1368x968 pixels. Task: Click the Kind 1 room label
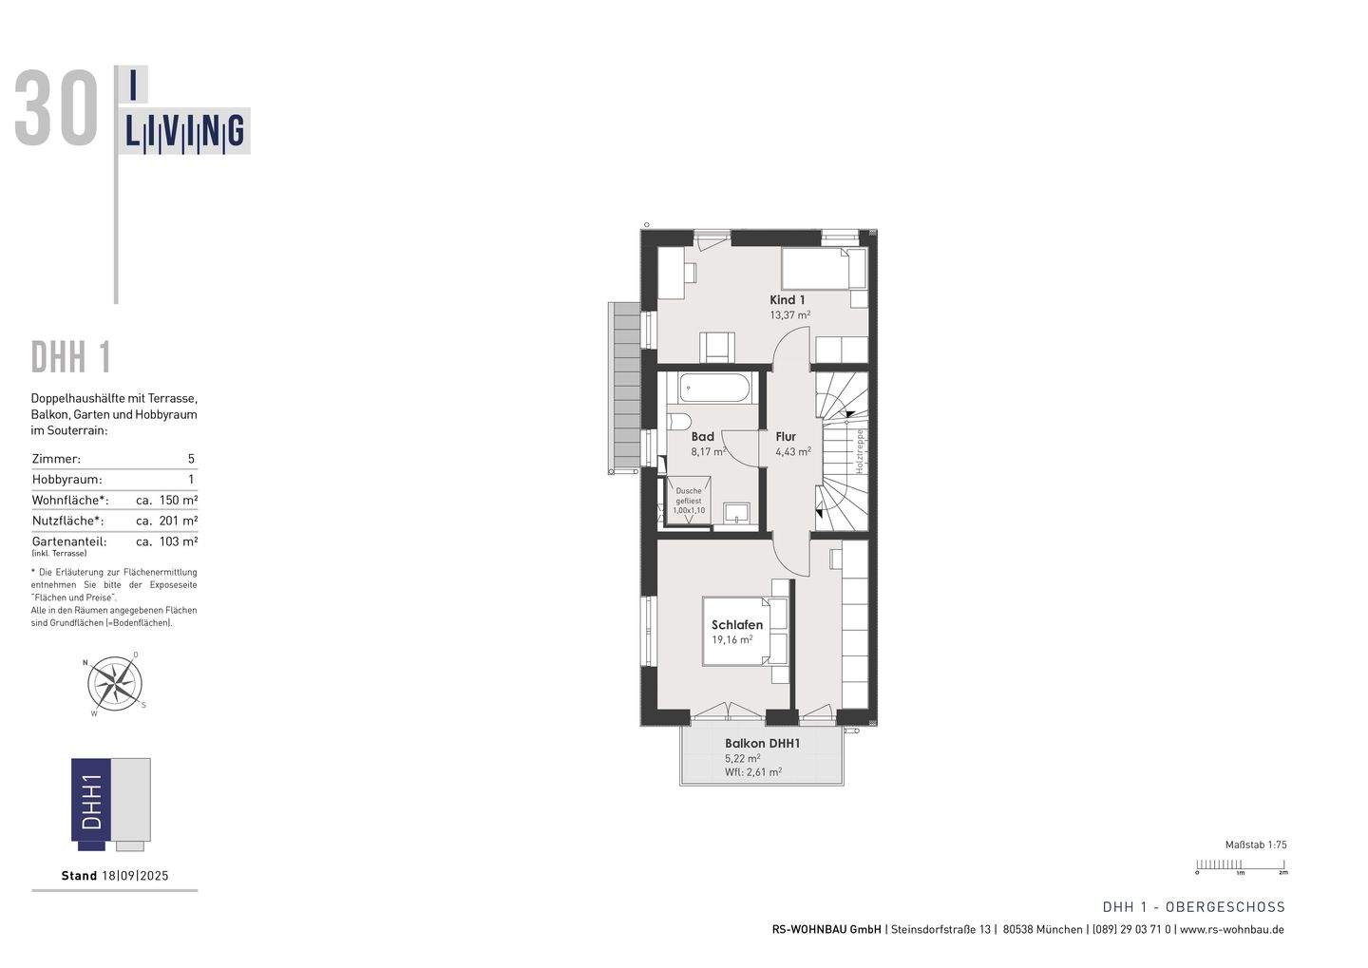(787, 299)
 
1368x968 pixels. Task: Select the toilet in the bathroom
(678, 421)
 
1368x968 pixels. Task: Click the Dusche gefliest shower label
(689, 501)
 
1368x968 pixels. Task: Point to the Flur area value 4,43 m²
(792, 452)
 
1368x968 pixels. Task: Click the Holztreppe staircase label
(859, 450)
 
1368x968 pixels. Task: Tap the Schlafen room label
(736, 625)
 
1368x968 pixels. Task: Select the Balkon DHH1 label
(762, 744)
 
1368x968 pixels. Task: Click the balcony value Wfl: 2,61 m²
(752, 772)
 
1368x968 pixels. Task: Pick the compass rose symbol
(115, 683)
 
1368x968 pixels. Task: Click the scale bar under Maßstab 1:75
(1240, 864)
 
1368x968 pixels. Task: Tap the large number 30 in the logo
(57, 111)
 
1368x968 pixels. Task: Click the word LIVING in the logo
(185, 133)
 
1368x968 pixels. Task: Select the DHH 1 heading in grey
(71, 358)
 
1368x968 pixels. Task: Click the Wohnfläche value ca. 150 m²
(166, 500)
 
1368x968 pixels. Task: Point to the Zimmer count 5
(191, 459)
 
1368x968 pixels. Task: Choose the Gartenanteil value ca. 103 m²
(166, 541)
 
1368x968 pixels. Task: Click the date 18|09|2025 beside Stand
(135, 876)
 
